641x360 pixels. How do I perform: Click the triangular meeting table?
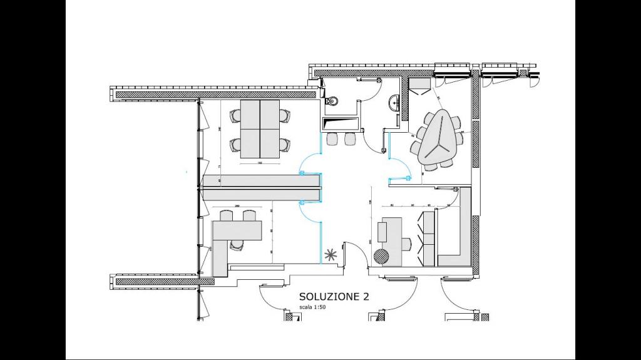point(438,138)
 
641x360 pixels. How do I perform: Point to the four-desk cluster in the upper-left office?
point(260,129)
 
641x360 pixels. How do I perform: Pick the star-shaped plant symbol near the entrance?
point(330,255)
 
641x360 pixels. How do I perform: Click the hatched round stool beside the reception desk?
point(381,255)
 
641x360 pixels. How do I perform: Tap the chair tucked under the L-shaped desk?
point(237,244)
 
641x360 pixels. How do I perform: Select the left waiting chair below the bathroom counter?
point(332,139)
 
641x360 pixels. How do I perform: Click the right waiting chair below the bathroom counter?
point(349,139)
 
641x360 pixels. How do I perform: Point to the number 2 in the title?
point(366,296)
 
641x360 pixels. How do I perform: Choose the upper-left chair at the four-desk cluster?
point(235,115)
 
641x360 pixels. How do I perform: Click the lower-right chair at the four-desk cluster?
point(285,144)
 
